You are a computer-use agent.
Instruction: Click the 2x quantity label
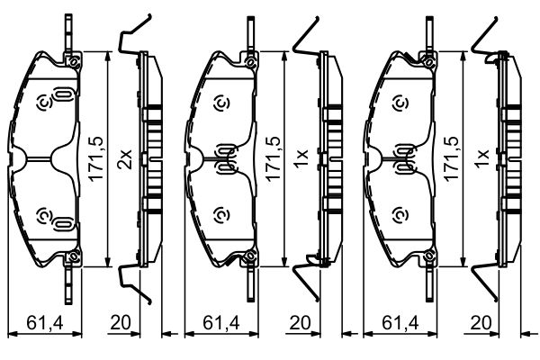click(124, 159)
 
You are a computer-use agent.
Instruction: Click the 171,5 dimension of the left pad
click(95, 158)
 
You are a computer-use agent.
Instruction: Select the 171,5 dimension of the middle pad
click(273, 158)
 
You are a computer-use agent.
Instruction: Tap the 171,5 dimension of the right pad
click(452, 158)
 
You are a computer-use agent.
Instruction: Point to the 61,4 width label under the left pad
click(45, 323)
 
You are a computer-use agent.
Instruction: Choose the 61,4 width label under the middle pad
click(221, 323)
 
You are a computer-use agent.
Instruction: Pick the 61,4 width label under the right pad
click(400, 323)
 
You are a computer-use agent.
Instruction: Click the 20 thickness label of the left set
click(121, 323)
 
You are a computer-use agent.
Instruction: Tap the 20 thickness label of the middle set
click(300, 323)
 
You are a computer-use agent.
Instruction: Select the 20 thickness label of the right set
click(481, 323)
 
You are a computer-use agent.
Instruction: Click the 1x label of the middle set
click(301, 159)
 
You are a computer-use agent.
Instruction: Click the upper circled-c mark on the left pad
click(44, 103)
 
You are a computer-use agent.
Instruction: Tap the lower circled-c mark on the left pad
click(44, 216)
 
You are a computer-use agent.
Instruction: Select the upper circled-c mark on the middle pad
click(221, 103)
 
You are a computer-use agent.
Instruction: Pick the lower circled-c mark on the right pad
click(400, 216)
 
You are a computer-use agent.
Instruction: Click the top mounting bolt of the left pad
click(73, 62)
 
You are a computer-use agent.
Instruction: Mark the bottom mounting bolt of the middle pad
click(250, 256)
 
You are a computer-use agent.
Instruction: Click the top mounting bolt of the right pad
click(429, 62)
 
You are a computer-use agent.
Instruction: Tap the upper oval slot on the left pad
click(63, 94)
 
